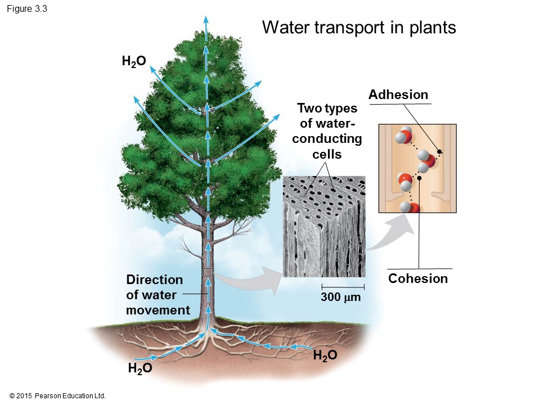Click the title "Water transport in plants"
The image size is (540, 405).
(x=359, y=28)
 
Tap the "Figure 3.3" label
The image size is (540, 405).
(x=27, y=8)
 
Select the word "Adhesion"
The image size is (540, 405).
(x=398, y=95)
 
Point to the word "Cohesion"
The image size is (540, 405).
(x=418, y=278)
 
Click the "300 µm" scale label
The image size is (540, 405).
(x=340, y=296)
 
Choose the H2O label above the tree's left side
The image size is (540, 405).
(x=134, y=62)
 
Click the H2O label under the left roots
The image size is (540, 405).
(x=140, y=369)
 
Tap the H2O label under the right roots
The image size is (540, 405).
(x=325, y=355)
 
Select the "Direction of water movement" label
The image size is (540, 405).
(x=158, y=295)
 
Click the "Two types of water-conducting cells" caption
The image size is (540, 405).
(x=327, y=130)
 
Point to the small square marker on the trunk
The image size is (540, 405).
(x=208, y=272)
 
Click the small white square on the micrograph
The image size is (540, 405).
(x=361, y=249)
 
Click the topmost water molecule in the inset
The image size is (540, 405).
(x=403, y=137)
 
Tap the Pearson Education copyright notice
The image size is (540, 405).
(x=58, y=396)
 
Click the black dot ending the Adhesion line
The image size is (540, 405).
(x=439, y=152)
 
